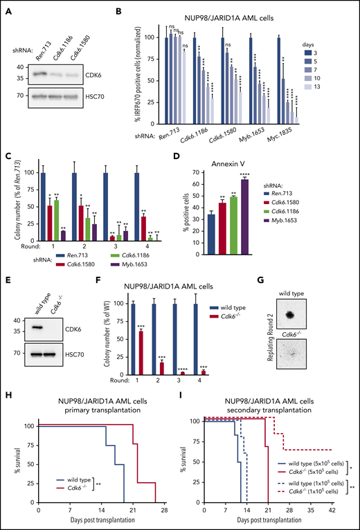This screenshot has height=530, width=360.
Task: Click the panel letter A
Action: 8,9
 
